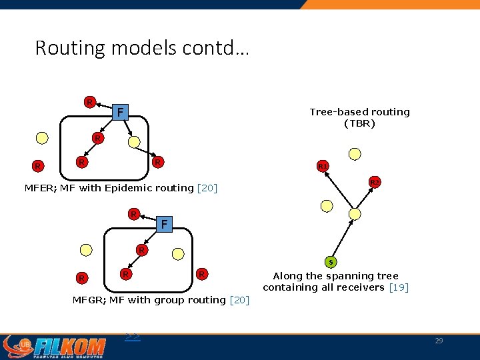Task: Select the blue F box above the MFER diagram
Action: [119, 111]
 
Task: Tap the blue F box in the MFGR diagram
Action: [164, 225]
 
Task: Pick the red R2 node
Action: [375, 182]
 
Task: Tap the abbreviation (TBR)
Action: [359, 123]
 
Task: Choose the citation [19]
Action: [398, 287]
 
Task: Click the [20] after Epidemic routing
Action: [207, 188]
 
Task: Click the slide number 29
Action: [438, 341]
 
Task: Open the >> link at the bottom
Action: [132, 337]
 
